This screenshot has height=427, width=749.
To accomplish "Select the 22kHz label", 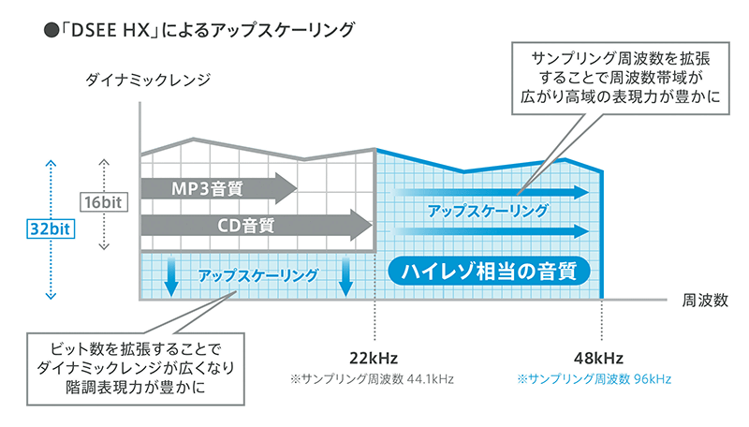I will [374, 359].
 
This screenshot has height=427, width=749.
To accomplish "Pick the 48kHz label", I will [600, 359].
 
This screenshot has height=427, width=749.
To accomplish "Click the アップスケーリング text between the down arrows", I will [257, 274].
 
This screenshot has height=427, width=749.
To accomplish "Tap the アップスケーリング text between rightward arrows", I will [487, 211].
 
